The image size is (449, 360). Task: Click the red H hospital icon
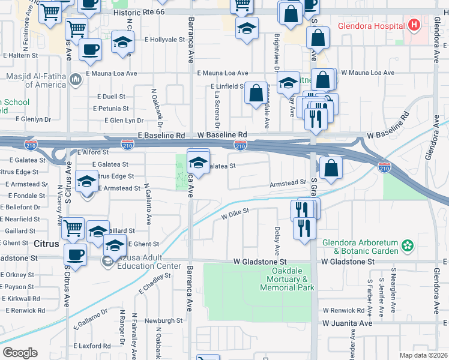pos(413,26)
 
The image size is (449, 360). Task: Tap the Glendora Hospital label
pos(370,26)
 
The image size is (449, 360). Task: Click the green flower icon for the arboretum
pos(408,245)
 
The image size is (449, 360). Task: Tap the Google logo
pos(20,353)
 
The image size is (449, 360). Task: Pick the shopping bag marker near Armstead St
pos(331,169)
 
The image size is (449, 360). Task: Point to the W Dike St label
pos(235,212)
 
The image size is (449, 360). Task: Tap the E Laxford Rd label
pos(91,346)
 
